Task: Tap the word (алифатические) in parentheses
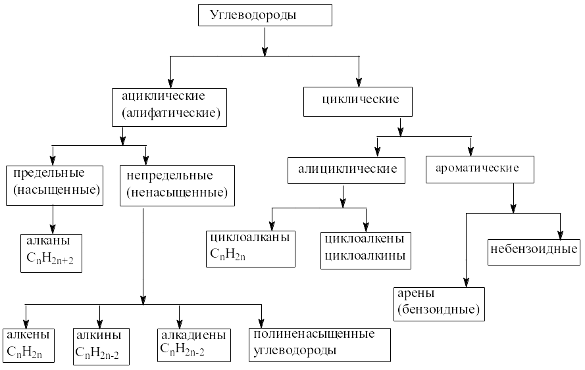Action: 170,113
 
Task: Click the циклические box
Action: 361,100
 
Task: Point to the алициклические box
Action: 347,169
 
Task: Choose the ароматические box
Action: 478,168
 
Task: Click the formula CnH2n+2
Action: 50,258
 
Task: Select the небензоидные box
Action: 534,250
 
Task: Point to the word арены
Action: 417,292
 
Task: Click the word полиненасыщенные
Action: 313,334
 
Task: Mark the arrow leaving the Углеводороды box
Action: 264,41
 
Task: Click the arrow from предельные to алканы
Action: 53,217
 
